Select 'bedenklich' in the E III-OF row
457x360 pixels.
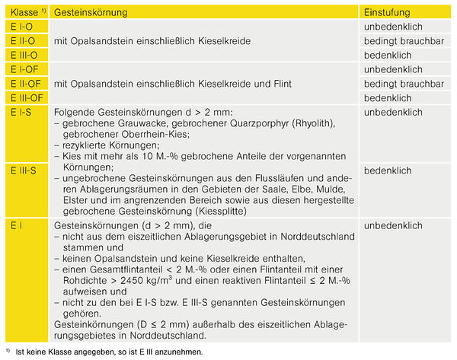[388, 98]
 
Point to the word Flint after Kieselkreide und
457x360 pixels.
[286, 84]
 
